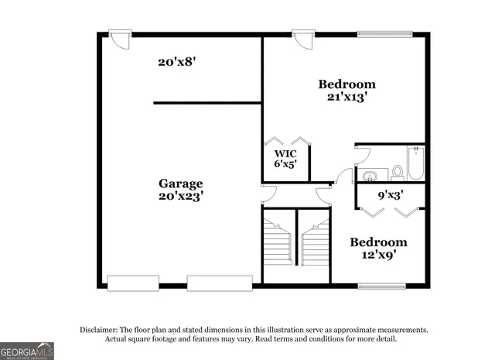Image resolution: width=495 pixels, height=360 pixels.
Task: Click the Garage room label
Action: tap(181, 183)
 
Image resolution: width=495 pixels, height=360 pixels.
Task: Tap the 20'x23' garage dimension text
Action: tap(181, 197)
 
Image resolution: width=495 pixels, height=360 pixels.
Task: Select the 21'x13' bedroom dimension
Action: tap(346, 97)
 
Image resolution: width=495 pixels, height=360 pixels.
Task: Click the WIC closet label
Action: tap(286, 152)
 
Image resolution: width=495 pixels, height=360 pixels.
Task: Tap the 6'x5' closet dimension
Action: tap(286, 164)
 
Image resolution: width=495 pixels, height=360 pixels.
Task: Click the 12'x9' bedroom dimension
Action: tap(378, 254)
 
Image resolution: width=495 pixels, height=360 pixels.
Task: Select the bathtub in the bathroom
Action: tap(416, 163)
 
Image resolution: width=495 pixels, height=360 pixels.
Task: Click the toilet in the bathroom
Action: tap(398, 172)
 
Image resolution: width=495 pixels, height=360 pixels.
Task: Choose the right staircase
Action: tap(315, 245)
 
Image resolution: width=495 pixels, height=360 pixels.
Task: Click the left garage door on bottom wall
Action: tap(133, 283)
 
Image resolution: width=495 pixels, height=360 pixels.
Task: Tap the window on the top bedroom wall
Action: tap(384, 33)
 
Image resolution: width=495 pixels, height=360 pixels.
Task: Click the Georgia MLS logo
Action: tap(27, 350)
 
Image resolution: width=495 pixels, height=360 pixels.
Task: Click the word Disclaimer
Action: tap(99, 330)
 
